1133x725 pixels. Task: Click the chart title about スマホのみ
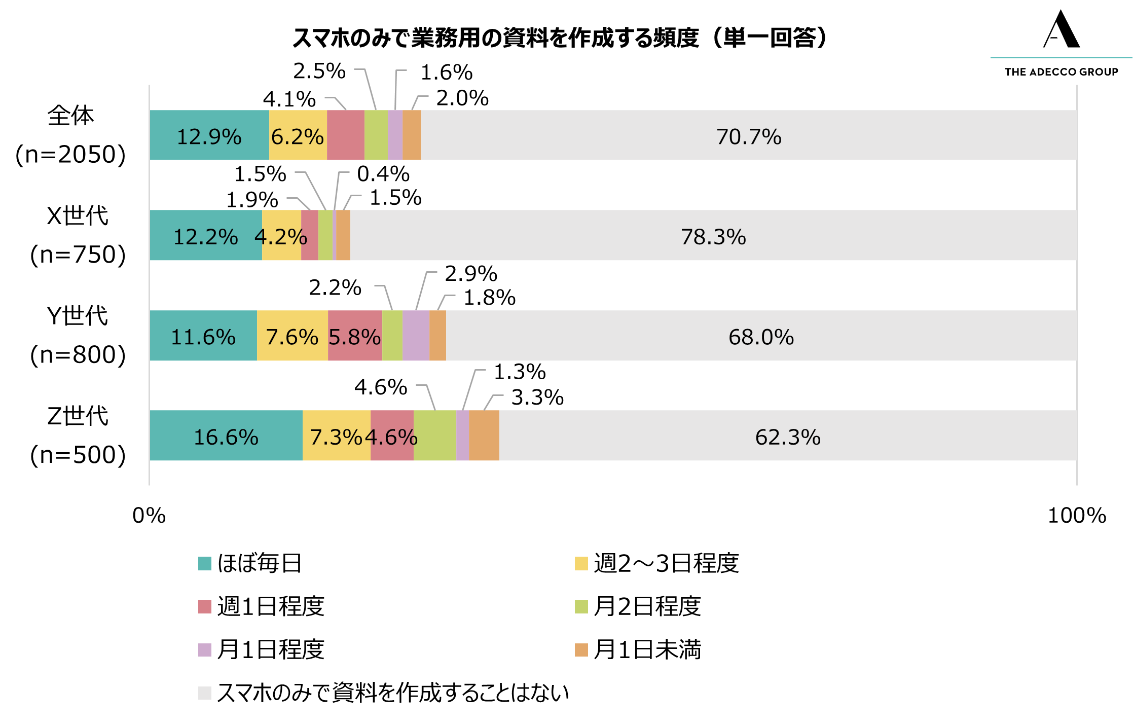click(560, 38)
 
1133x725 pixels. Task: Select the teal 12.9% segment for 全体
click(209, 135)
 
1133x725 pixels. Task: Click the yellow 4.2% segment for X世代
click(281, 235)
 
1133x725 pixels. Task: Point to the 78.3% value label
click(713, 237)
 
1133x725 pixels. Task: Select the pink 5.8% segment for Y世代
click(355, 336)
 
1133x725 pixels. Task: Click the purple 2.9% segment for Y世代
click(416, 336)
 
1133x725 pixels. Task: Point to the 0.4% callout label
click(383, 174)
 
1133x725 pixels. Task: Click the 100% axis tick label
click(1076, 516)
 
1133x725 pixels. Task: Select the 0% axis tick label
click(149, 516)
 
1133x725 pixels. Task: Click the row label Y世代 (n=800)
click(78, 335)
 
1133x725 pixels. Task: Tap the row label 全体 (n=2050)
click(70, 135)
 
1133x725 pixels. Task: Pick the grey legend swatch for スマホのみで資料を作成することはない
click(205, 693)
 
